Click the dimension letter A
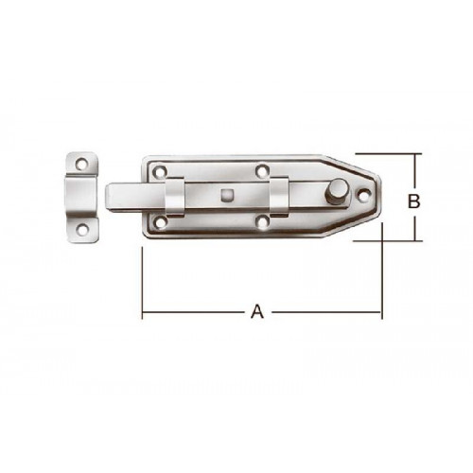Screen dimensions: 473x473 point(257,311)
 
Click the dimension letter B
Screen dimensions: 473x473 point(413,201)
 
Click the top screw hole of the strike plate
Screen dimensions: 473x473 point(83,164)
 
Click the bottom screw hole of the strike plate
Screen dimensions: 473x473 point(83,229)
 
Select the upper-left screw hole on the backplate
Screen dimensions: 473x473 point(160,172)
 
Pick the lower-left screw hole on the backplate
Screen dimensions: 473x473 point(160,222)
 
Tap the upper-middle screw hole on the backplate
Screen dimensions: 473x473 point(261,170)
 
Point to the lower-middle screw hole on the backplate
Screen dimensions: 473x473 point(261,221)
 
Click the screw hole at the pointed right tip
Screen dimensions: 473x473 point(364,195)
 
